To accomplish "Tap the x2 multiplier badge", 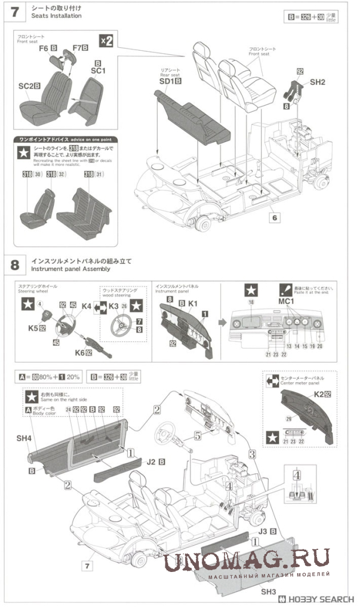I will click(x=106, y=40).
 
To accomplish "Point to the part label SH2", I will click(x=318, y=82).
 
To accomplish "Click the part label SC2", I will click(x=25, y=85).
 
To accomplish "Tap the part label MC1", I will click(x=287, y=302).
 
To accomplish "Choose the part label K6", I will click(x=83, y=353).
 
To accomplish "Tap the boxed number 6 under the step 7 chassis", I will click(x=274, y=218).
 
